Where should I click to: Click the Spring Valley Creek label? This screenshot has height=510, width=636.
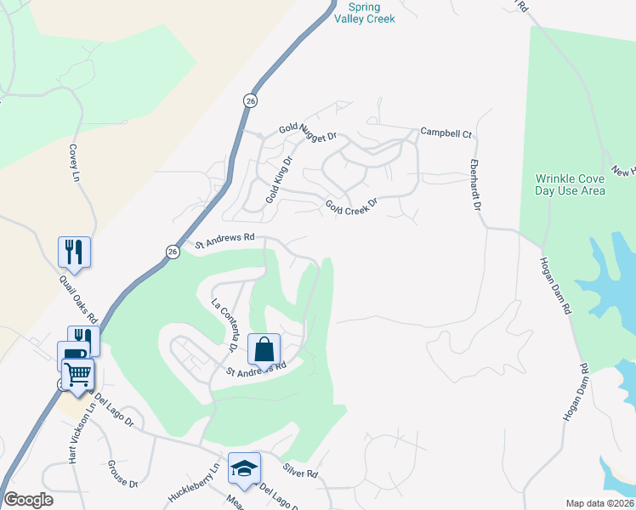coord(366,13)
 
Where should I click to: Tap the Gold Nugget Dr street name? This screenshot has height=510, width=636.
coord(309,131)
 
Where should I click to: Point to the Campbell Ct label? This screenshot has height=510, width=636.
coord(446,134)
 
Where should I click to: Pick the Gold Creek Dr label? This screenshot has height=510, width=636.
coord(350,207)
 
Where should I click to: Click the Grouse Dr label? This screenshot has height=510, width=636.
coord(122,474)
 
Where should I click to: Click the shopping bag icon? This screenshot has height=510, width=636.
coord(264,348)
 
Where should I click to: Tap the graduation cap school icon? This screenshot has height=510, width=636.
coord(244,467)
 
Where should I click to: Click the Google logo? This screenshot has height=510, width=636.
coord(28,500)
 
